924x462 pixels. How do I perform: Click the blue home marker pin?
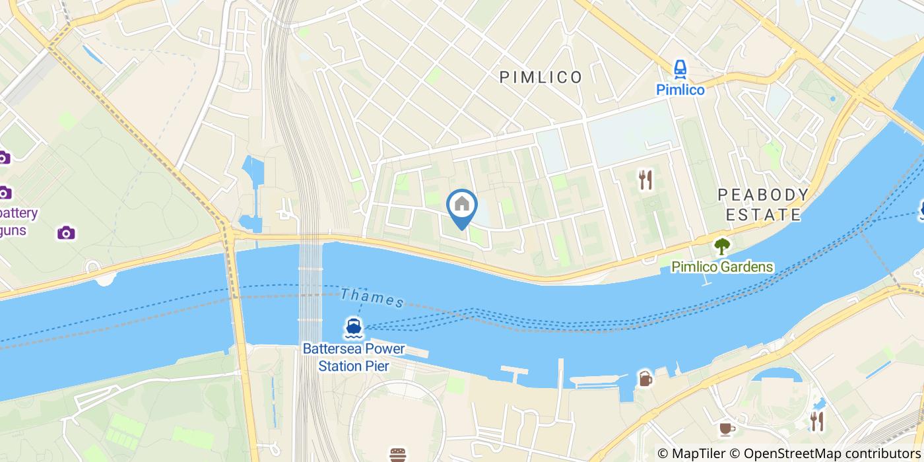462,207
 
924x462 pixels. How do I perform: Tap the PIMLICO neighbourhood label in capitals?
541,77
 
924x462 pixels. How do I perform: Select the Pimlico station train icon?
680,69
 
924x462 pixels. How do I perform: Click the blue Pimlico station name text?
680,90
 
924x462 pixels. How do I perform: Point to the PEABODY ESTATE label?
763,205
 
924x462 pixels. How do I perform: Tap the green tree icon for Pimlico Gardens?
722,247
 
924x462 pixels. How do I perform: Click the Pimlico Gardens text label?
722,267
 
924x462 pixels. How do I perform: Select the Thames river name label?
372,298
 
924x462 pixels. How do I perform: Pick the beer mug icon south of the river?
645,379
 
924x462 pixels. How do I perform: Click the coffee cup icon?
727,429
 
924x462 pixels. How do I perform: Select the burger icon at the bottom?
397,455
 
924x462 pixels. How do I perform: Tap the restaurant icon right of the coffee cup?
817,420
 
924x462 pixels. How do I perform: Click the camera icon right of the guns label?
65,232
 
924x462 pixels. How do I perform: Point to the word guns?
13,230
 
